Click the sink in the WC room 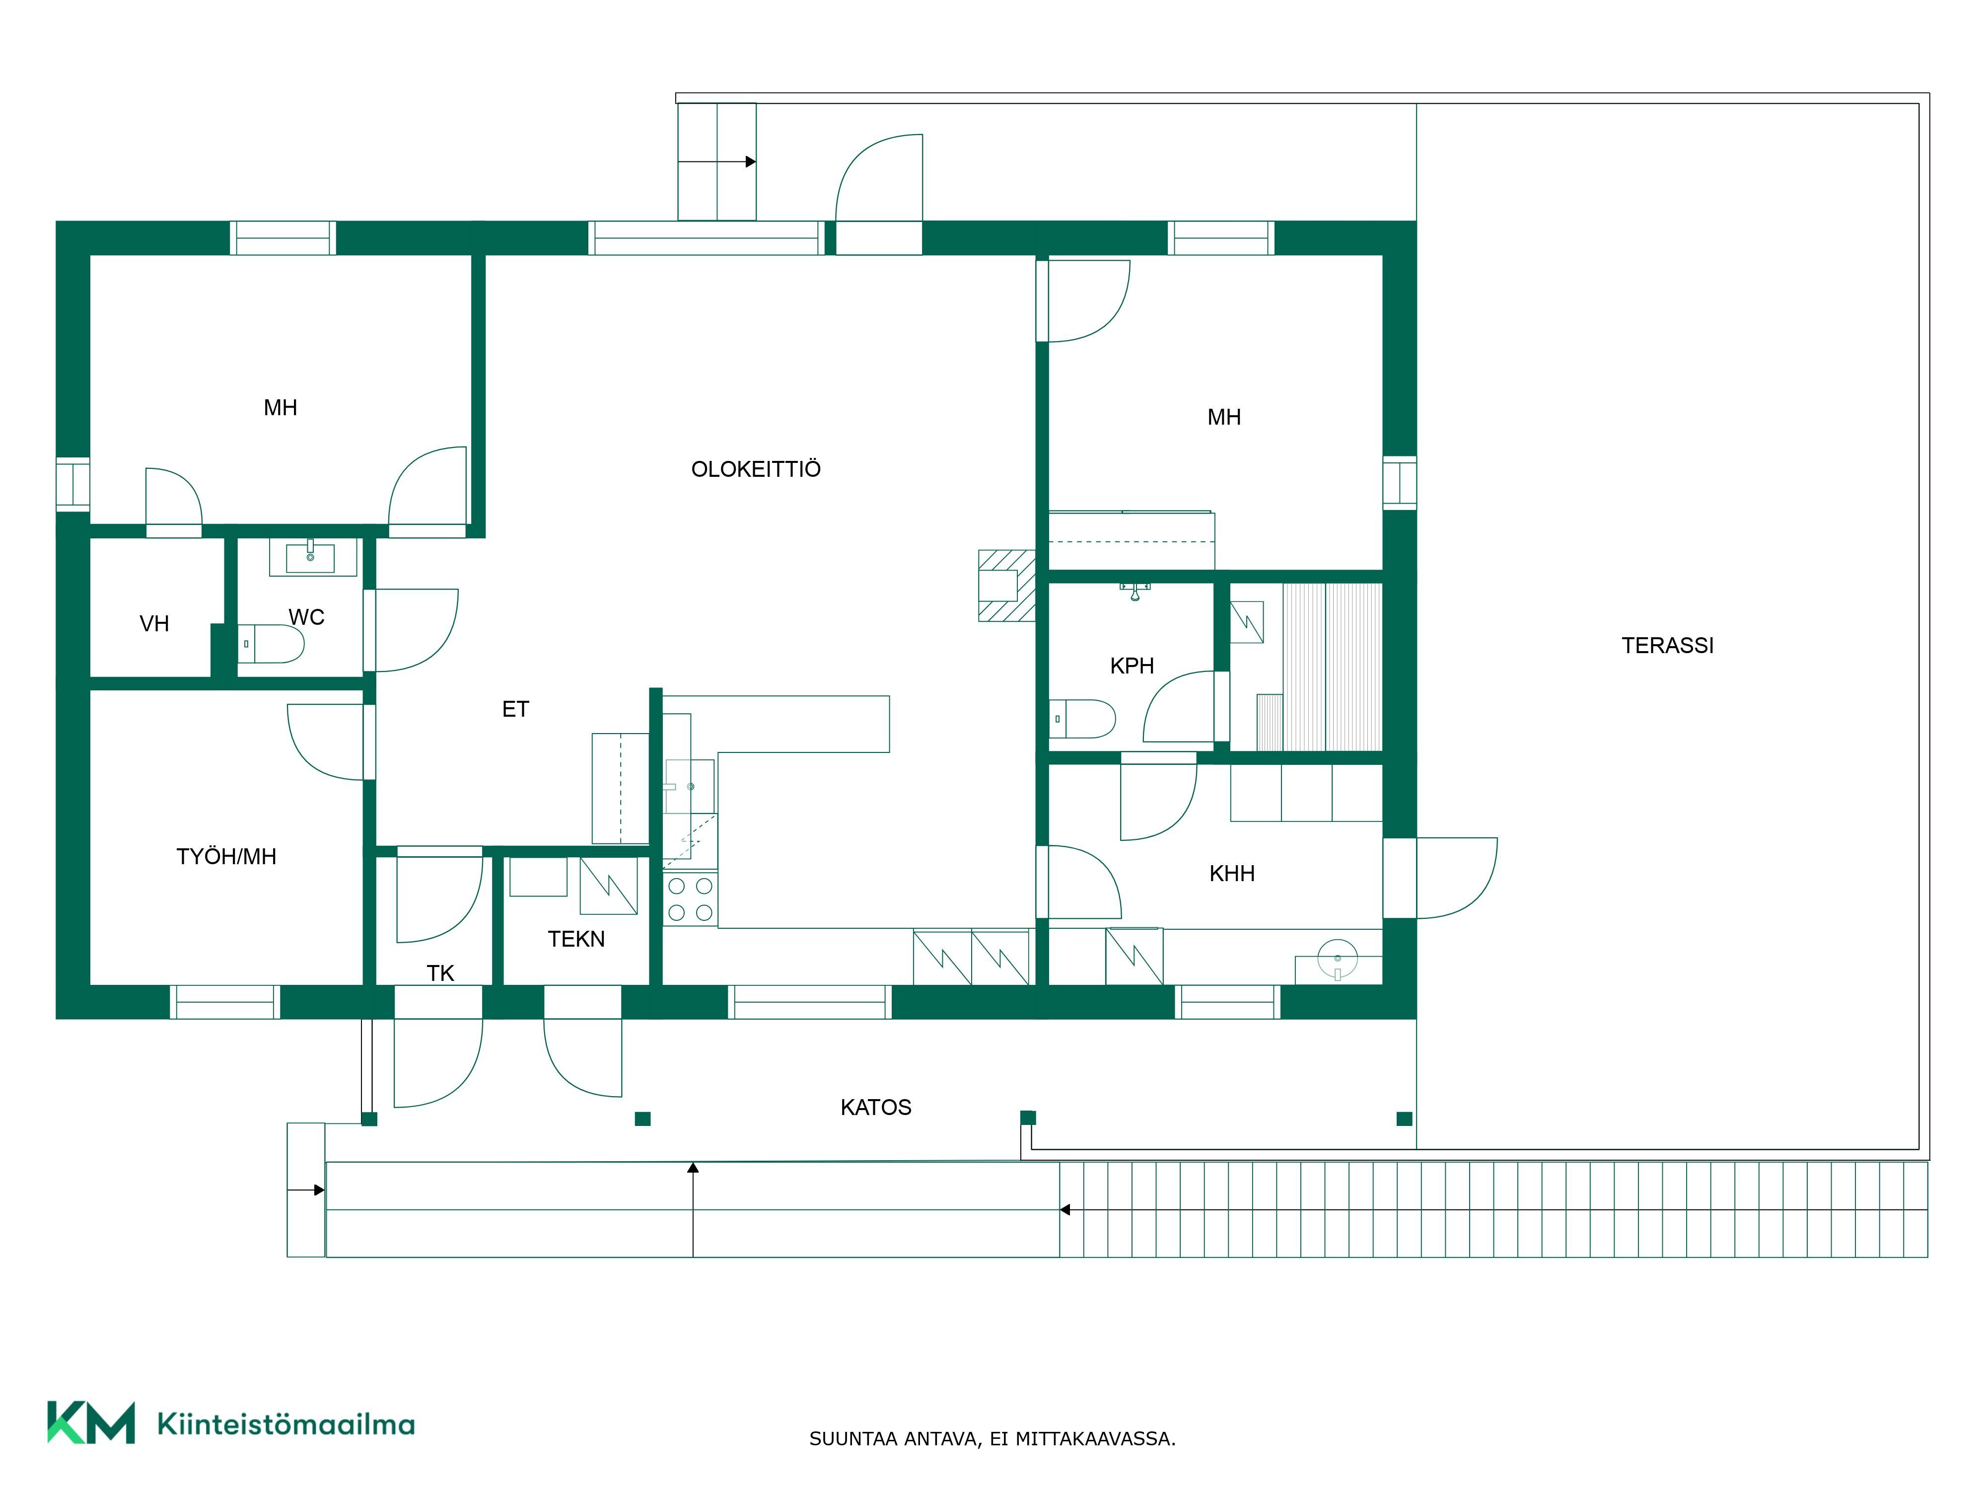(311, 557)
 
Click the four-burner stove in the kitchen (691, 899)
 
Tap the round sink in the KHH (1338, 958)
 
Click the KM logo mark (91, 1422)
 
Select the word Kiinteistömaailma (285, 1423)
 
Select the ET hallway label (515, 710)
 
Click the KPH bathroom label (1132, 666)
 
